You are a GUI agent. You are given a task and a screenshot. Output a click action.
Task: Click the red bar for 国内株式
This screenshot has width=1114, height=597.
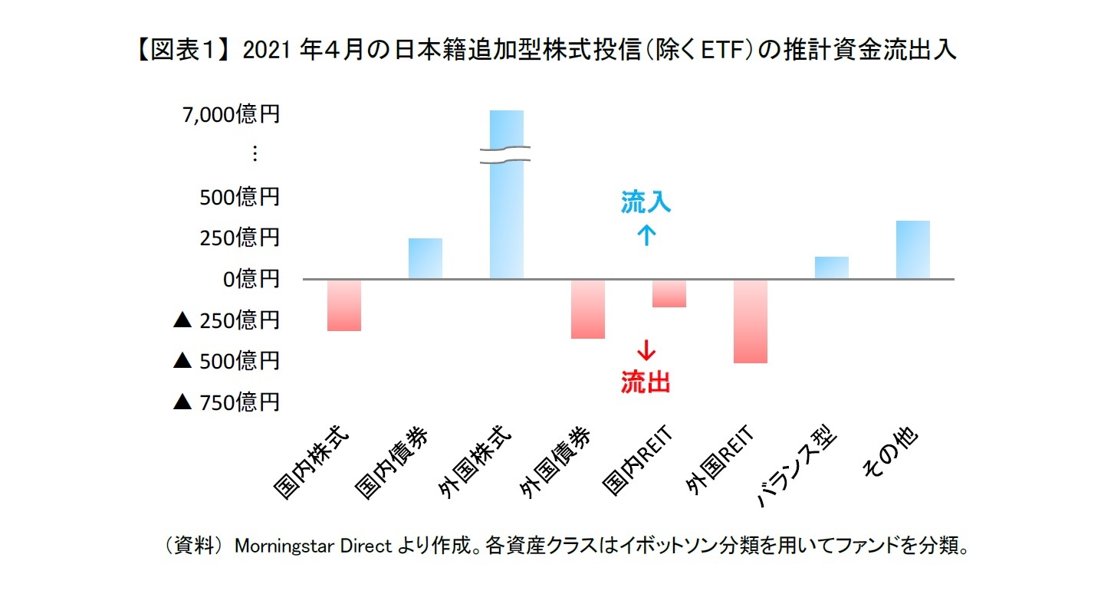point(343,305)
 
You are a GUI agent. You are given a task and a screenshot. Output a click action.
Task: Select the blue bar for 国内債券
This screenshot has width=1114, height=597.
point(425,259)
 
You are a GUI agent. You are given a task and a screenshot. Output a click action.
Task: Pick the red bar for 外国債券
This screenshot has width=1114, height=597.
point(588,309)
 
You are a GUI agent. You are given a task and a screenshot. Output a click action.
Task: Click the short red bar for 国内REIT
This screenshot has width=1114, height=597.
point(669,294)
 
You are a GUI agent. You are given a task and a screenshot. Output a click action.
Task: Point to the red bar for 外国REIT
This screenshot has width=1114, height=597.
point(751,321)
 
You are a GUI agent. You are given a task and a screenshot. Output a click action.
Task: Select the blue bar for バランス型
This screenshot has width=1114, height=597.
point(832,268)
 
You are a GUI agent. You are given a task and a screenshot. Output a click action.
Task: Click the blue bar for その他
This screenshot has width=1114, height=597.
point(913,250)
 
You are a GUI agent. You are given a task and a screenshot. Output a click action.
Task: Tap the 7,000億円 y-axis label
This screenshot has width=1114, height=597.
point(231,115)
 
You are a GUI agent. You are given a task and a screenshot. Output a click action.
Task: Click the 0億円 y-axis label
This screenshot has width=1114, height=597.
point(251,279)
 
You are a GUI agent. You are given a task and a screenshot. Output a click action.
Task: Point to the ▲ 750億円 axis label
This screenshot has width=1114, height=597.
point(226,402)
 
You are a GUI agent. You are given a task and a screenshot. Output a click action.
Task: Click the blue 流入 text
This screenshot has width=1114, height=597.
point(646,202)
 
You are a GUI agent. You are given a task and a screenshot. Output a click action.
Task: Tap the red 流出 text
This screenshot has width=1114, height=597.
point(646,382)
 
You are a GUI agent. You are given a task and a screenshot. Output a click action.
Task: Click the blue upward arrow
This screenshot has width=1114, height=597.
point(646,235)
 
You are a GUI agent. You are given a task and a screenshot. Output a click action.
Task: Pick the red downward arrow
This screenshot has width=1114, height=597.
point(646,351)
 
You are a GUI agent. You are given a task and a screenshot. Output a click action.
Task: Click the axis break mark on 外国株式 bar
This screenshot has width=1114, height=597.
point(506,154)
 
